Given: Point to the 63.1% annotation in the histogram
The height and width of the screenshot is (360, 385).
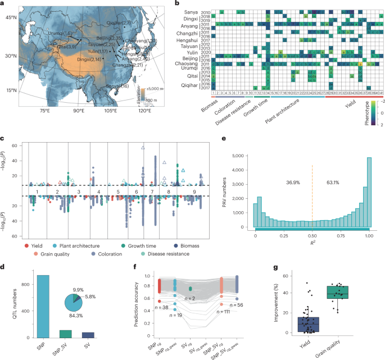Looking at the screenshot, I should coord(333,183).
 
